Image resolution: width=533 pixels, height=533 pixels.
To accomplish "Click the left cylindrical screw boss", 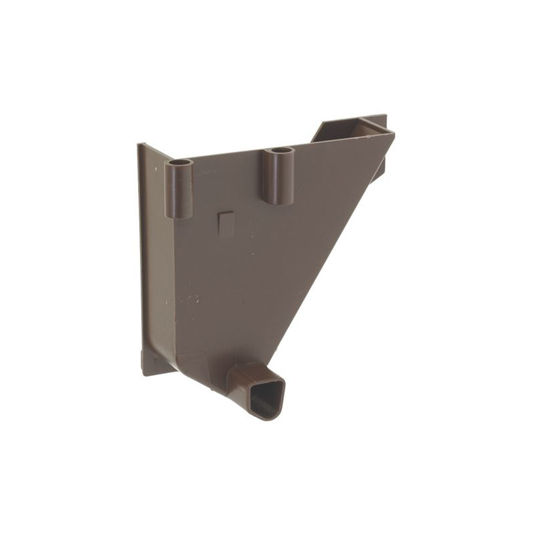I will point(179,190).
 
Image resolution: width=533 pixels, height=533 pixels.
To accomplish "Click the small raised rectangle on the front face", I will point(227,224).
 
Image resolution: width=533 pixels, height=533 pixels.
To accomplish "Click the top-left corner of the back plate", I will point(140,145).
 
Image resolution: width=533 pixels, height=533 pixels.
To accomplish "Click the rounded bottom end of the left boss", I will point(179,215).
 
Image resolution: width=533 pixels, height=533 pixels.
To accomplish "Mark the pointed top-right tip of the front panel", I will point(392,135).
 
